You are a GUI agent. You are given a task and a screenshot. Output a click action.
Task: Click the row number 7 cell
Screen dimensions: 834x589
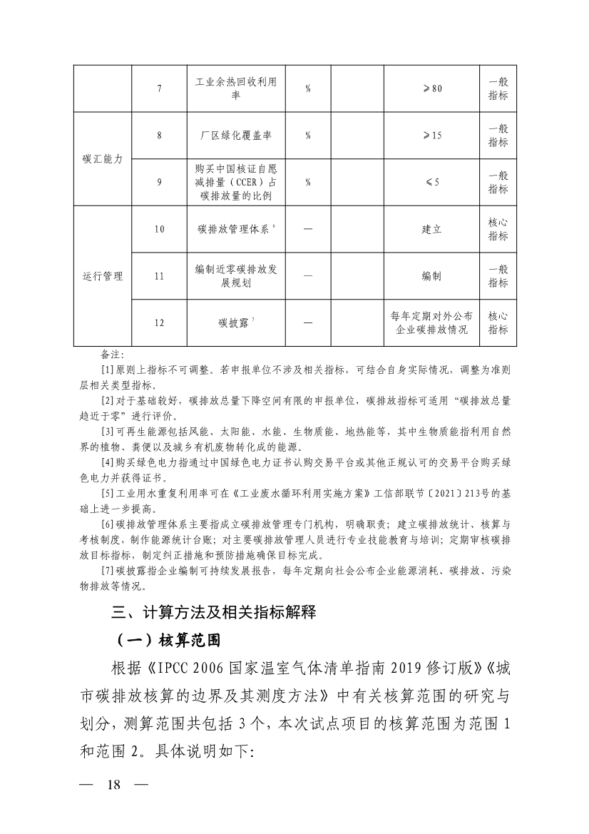(159, 88)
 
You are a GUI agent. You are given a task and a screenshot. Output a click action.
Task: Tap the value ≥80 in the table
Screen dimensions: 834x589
(432, 88)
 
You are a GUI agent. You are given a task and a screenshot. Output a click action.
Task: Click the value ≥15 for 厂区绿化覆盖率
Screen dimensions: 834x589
(432, 135)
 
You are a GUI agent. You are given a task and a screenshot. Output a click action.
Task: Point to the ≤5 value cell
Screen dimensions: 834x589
(432, 182)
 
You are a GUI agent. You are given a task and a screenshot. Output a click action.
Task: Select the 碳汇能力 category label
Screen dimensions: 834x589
(103, 159)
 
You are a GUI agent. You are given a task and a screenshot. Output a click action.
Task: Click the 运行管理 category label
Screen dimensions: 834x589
(103, 276)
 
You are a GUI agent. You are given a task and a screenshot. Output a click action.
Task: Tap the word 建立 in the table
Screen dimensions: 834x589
(432, 230)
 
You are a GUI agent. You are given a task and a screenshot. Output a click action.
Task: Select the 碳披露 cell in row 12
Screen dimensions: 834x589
(231, 322)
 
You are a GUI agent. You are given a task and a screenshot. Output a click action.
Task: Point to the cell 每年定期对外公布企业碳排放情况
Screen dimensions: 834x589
(432, 322)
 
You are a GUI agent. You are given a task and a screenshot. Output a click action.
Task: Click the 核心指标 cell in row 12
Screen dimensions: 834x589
(498, 322)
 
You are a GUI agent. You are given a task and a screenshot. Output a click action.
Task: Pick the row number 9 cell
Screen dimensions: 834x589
(159, 182)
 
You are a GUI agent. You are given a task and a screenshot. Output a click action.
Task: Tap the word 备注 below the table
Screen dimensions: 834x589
(113, 355)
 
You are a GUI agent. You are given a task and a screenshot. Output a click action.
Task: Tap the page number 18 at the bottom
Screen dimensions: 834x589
(114, 800)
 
